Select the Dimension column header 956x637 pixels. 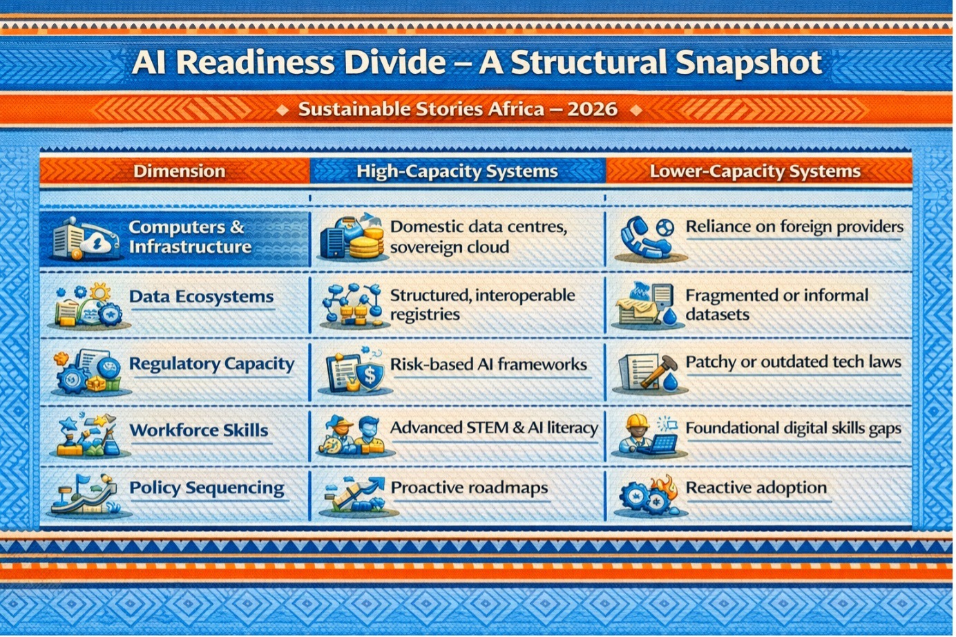180,171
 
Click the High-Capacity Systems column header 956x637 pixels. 457,171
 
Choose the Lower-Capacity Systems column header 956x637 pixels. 755,171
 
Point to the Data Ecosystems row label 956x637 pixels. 202,296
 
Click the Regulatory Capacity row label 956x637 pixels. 211,364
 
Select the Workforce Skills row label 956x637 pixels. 199,430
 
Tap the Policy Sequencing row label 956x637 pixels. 207,488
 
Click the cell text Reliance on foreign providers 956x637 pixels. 794,227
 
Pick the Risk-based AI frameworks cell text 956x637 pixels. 488,364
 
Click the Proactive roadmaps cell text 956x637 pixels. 469,488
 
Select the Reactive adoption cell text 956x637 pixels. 756,488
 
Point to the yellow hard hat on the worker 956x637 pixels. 637,422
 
